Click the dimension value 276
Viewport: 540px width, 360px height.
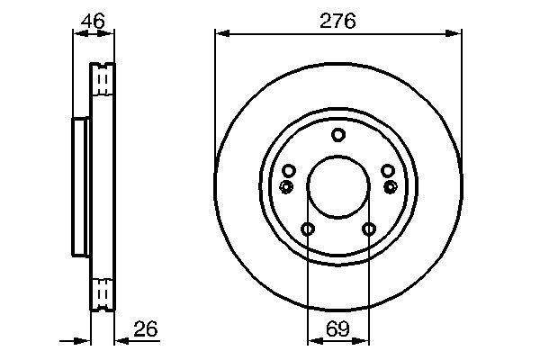338,20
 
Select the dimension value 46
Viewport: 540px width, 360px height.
93,20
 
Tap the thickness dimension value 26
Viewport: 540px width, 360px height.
145,329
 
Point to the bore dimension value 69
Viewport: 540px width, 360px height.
337,329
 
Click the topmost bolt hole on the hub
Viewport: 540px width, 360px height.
338,135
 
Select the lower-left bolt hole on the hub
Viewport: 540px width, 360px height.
308,229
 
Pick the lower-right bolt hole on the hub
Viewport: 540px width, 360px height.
368,229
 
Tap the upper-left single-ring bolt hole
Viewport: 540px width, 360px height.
289,171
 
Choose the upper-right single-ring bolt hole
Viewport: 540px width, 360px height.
388,171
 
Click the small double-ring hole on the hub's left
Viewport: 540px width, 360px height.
286,186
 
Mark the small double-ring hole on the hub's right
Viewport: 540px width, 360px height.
391,186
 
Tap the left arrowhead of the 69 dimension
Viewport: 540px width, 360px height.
312,341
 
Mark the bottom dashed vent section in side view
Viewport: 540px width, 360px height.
103,293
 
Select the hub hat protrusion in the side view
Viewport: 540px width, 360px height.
80,187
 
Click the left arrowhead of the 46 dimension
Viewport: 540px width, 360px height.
76,34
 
